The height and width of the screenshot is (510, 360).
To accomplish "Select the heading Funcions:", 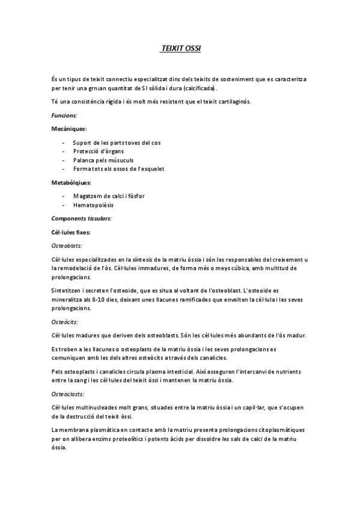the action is [x=65, y=114].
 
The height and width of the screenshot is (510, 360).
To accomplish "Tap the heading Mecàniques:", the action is [x=69, y=128].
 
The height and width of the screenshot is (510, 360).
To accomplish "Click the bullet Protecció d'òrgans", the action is [x=99, y=152].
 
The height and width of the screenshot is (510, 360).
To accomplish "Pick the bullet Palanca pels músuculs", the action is [x=103, y=160].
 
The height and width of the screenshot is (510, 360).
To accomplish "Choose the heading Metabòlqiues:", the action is [x=71, y=182].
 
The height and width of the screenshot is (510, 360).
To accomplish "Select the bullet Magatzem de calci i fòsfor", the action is [x=109, y=196].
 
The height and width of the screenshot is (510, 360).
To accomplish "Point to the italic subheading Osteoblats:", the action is [x=67, y=245].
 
